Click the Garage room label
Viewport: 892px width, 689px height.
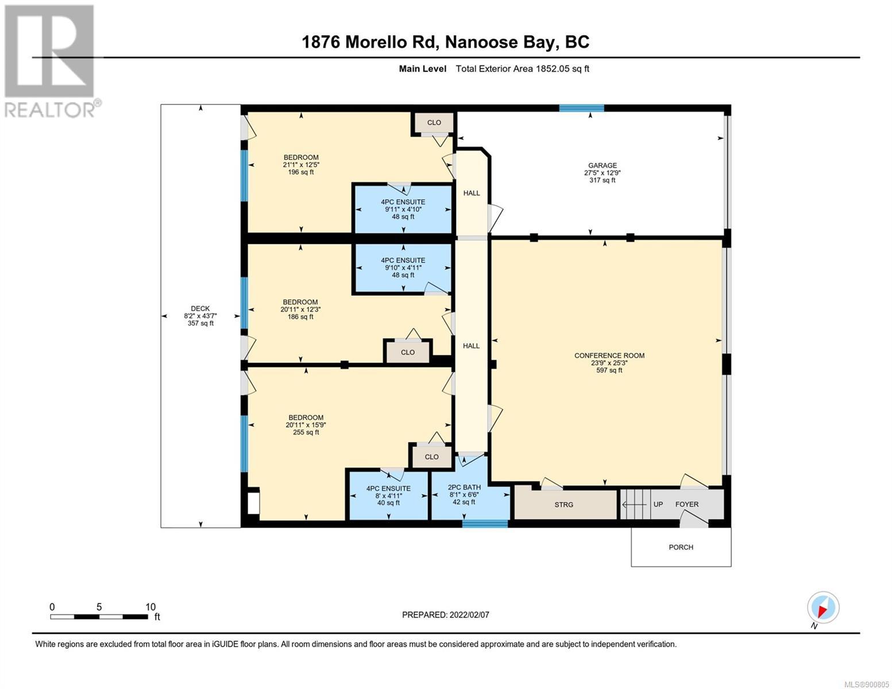pyautogui.click(x=602, y=165)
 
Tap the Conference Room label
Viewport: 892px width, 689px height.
pyautogui.click(x=609, y=355)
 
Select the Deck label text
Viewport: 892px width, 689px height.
pyautogui.click(x=200, y=308)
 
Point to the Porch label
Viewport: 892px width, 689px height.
pyautogui.click(x=681, y=547)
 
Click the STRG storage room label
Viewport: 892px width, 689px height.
pyautogui.click(x=563, y=505)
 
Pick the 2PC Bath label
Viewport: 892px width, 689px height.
pyautogui.click(x=464, y=487)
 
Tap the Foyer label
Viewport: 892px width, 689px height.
pyautogui.click(x=687, y=504)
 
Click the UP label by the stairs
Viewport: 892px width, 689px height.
pyautogui.click(x=658, y=504)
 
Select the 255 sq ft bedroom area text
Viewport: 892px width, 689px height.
pyautogui.click(x=306, y=432)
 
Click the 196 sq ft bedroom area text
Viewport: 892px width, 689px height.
pyautogui.click(x=301, y=172)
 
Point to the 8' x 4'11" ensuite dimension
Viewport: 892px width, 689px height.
pyautogui.click(x=388, y=496)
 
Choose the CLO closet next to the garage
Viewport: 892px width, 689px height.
pyautogui.click(x=434, y=122)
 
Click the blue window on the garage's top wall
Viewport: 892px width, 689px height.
pyautogui.click(x=582, y=109)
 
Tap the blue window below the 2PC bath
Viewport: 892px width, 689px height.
pyautogui.click(x=485, y=523)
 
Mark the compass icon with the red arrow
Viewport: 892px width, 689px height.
pyautogui.click(x=823, y=607)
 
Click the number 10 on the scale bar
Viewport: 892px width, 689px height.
pyautogui.click(x=150, y=607)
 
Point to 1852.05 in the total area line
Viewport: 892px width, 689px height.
pyautogui.click(x=552, y=68)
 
